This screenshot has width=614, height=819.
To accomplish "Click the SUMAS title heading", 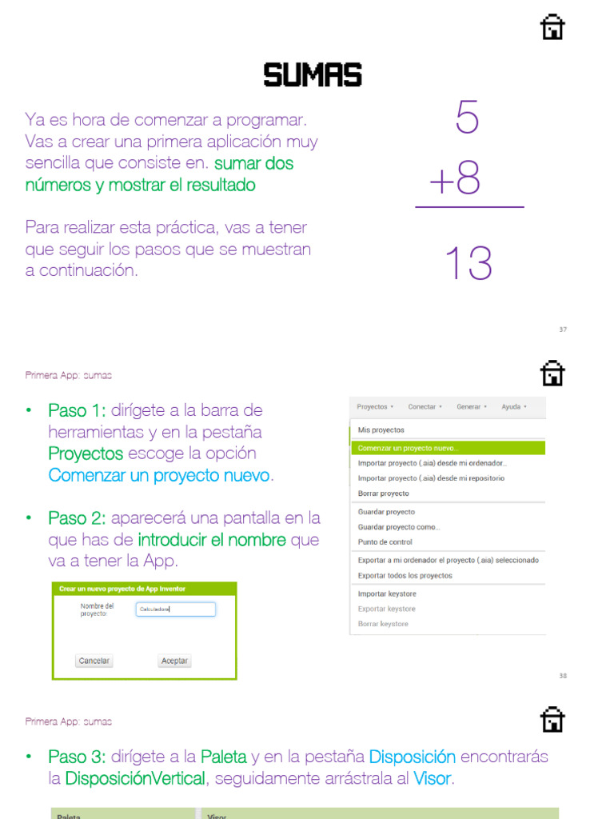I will (313, 75).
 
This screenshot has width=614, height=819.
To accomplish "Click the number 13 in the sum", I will (468, 263).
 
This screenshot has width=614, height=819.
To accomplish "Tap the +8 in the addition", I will (455, 180).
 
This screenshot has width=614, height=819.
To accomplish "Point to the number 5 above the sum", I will (467, 118).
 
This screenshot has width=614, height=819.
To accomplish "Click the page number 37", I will (563, 330).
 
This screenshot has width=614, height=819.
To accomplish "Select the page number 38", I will (563, 676).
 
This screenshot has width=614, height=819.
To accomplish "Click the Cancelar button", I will (94, 661).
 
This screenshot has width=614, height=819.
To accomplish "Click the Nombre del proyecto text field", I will (176, 609).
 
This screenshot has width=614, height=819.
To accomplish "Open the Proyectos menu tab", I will (374, 407).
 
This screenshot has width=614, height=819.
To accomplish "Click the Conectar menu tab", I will (425, 407).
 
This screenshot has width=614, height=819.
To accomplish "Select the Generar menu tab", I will (471, 407).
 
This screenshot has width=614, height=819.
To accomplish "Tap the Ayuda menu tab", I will (513, 407).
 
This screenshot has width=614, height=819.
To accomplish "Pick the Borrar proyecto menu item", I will (383, 493).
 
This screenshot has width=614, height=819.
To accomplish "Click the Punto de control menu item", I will (385, 542).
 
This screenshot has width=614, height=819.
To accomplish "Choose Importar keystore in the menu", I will (387, 593).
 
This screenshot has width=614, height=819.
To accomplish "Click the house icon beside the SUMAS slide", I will (552, 27).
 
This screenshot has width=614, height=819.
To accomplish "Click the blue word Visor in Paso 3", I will (433, 778).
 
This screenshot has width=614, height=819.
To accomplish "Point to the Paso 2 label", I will (77, 518).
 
